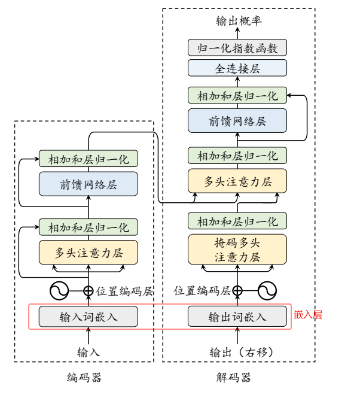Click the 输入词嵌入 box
pos(89,316)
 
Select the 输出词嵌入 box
pos(237,316)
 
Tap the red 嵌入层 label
pos(308,315)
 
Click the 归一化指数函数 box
pos(237,48)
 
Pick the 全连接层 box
pos(237,68)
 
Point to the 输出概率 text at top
pos(237,22)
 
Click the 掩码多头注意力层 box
pos(237,249)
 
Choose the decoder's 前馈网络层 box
pos(237,121)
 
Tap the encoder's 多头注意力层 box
pos(89,253)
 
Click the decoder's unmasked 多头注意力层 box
pos(237,181)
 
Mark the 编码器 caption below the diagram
pos(84,378)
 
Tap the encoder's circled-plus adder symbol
pos(89,291)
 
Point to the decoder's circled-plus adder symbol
pos(237,291)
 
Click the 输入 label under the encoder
pos(89,352)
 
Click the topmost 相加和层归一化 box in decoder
pos(237,95)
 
